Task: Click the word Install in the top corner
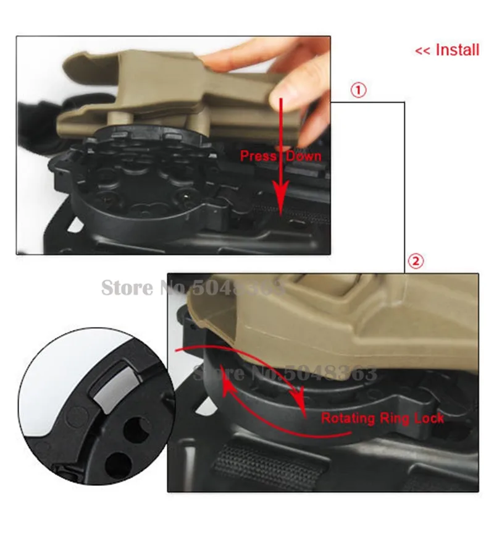457,49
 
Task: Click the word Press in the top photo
258,156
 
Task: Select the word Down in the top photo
304,156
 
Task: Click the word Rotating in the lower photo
347,418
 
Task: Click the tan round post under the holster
121,119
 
